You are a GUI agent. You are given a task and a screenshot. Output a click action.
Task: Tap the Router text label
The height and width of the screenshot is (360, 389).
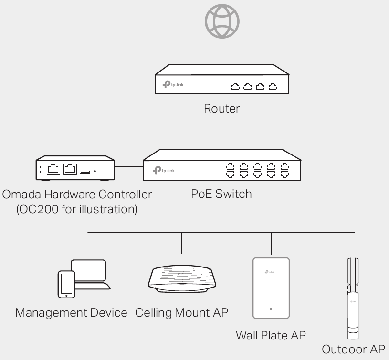pos(221,108)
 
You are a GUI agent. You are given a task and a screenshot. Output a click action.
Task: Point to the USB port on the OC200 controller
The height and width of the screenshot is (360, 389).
pos(84,170)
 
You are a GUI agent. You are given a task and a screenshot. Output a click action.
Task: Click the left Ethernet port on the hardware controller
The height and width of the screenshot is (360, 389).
pos(53,168)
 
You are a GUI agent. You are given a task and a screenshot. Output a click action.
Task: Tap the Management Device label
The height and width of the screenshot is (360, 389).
pos(72,313)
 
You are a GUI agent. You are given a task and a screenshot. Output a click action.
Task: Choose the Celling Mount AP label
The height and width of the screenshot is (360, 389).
pos(182,313)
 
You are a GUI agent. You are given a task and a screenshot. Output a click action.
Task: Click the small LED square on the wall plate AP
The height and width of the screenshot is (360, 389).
pos(271,309)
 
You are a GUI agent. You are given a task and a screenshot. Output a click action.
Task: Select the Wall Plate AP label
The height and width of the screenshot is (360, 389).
pos(271,335)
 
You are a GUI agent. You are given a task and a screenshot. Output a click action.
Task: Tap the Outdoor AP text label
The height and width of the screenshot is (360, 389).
pos(353,350)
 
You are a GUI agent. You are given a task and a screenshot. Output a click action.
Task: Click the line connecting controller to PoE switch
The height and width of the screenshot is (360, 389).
pos(129,167)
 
